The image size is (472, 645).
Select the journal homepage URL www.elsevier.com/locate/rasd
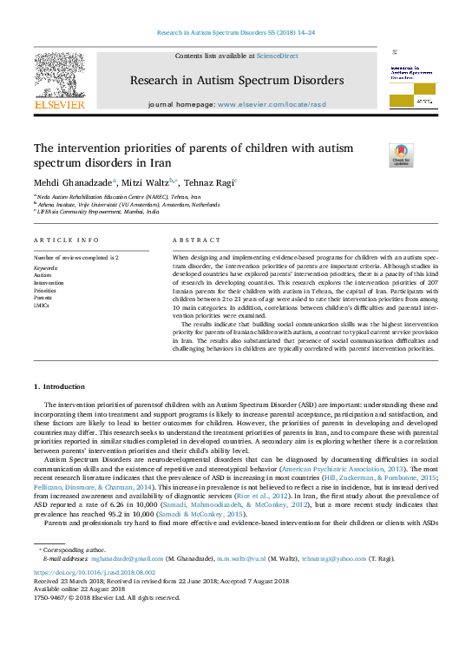coord(272,104)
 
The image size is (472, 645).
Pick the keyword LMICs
coord(42,306)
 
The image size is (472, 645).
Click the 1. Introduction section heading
coord(60,385)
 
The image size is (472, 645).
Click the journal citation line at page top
coord(235,32)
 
